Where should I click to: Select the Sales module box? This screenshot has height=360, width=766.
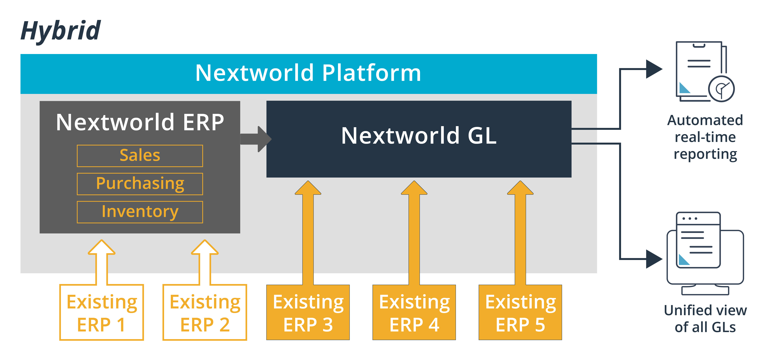[140, 156]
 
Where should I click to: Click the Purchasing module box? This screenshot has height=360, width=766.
[140, 184]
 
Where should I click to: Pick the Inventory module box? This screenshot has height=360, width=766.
[140, 212]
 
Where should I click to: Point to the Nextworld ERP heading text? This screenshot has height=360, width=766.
[140, 122]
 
